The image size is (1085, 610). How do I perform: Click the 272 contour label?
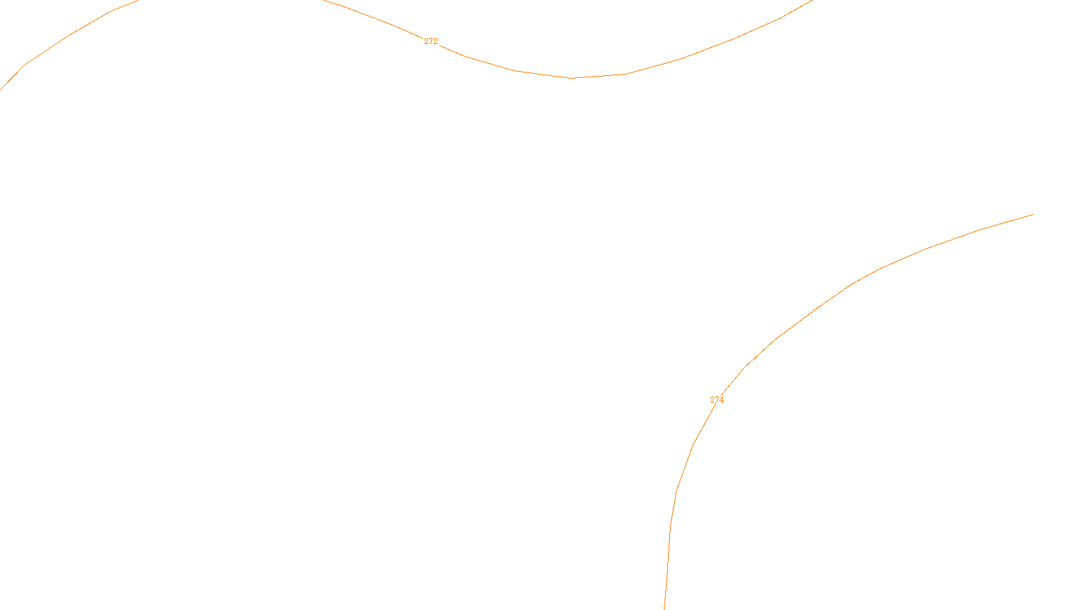click(x=431, y=41)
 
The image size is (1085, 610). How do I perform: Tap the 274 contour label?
click(x=717, y=400)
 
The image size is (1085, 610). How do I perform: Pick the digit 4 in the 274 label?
click(x=722, y=400)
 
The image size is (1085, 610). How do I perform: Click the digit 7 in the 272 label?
click(x=431, y=41)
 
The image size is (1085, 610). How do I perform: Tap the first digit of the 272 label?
click(x=426, y=41)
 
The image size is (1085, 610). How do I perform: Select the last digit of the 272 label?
click(x=435, y=41)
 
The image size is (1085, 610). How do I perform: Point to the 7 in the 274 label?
click(x=717, y=400)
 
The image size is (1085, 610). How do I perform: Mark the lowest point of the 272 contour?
click(x=572, y=78)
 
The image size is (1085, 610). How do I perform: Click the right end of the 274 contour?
click(x=1032, y=215)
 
